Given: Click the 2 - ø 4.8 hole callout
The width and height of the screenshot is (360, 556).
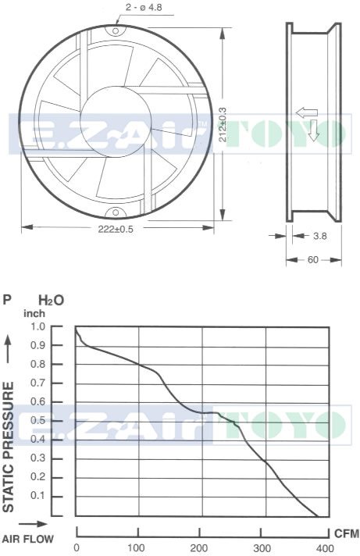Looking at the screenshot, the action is [x=144, y=8].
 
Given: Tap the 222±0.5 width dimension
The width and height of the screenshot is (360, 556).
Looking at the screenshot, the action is [x=116, y=229].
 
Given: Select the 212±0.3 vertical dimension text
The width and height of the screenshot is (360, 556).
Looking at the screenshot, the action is [x=223, y=124].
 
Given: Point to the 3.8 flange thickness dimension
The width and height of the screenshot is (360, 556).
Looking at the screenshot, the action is [x=320, y=236].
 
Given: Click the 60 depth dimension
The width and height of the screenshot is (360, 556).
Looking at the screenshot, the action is [x=313, y=260].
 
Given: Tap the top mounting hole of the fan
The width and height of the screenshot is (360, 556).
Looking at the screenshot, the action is [x=116, y=30].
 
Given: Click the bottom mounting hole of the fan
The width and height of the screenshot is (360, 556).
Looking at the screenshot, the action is [x=116, y=212].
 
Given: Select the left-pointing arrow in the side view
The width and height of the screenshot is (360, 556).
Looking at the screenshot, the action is [x=307, y=112].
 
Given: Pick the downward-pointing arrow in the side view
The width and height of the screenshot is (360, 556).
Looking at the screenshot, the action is [x=314, y=130].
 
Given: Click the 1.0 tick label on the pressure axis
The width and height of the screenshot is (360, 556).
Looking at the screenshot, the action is [x=38, y=326].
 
